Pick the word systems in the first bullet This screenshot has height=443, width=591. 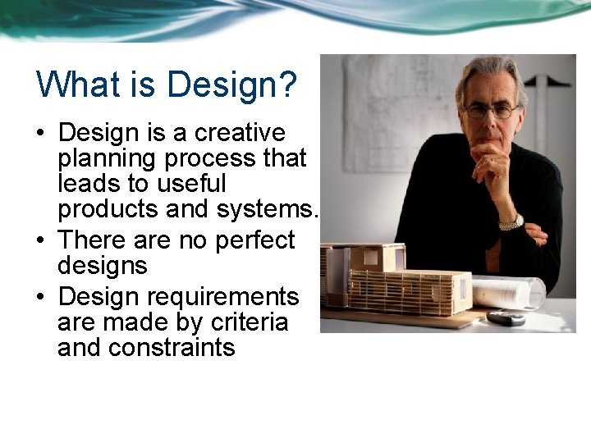265,209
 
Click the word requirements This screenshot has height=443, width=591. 215,295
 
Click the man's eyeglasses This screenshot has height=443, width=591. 490,109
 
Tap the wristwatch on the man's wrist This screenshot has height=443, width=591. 511,221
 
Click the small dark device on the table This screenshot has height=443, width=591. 505,317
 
